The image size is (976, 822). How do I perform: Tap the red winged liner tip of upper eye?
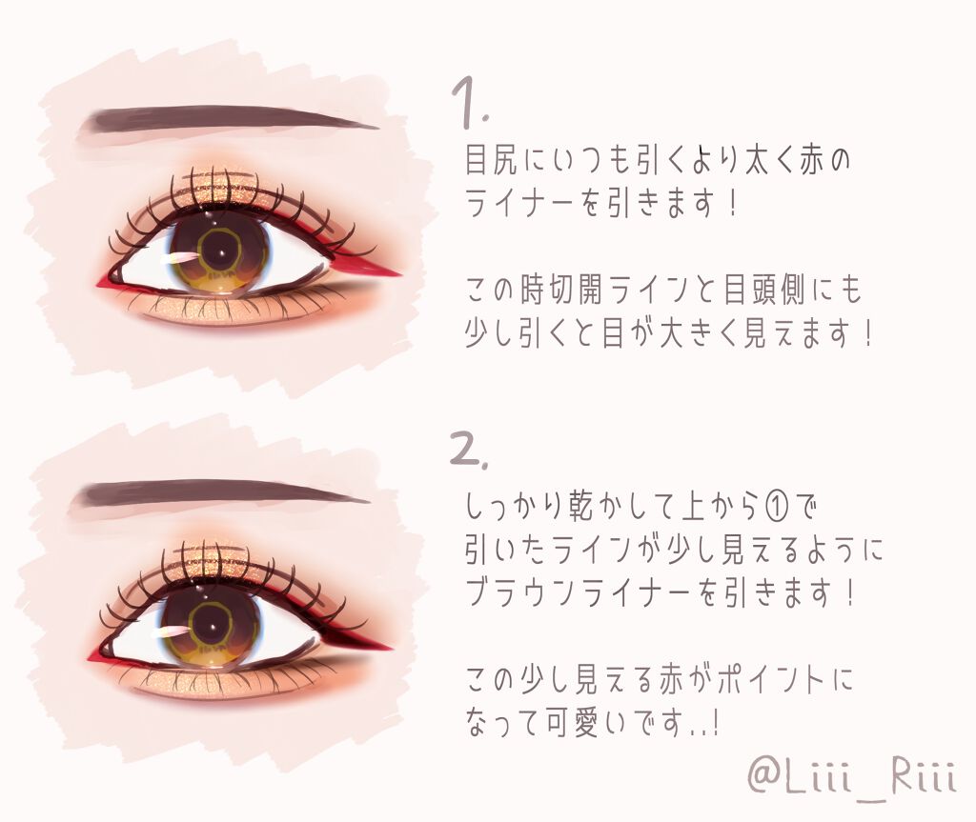pos(381,270)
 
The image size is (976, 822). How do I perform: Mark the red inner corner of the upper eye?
pos(102,279)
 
